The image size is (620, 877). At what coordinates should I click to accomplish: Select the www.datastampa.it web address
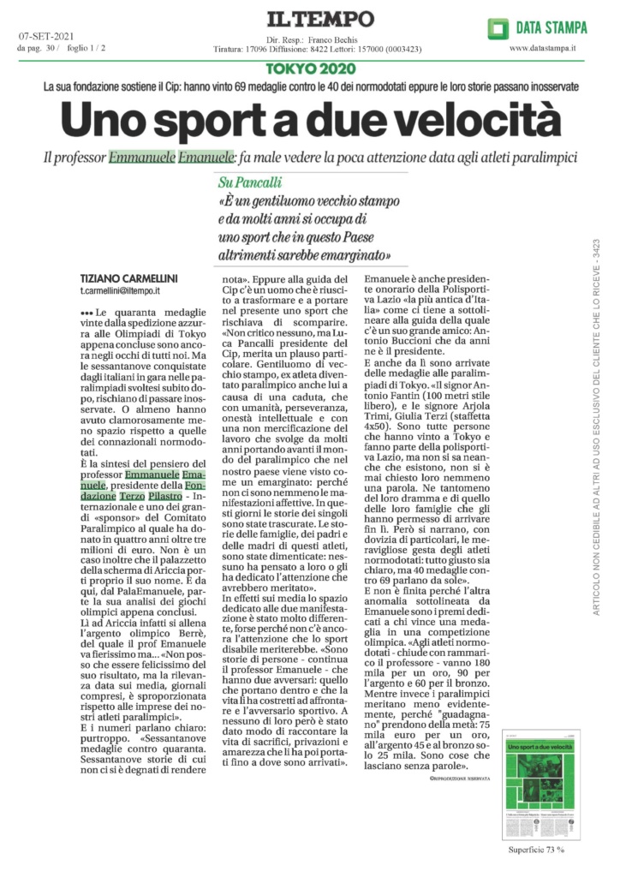click(x=542, y=49)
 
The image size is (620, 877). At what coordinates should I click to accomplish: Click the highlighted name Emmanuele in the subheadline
click(x=140, y=158)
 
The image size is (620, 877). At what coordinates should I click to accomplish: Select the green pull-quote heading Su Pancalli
click(x=250, y=182)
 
